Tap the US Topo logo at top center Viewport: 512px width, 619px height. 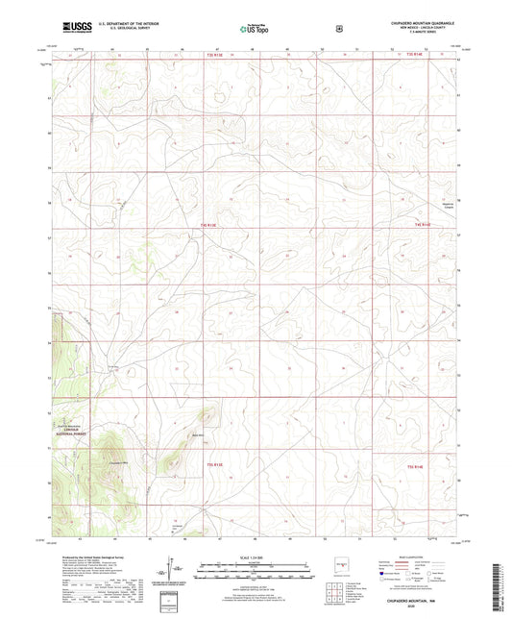point(255,29)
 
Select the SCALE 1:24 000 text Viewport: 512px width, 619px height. point(255,557)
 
